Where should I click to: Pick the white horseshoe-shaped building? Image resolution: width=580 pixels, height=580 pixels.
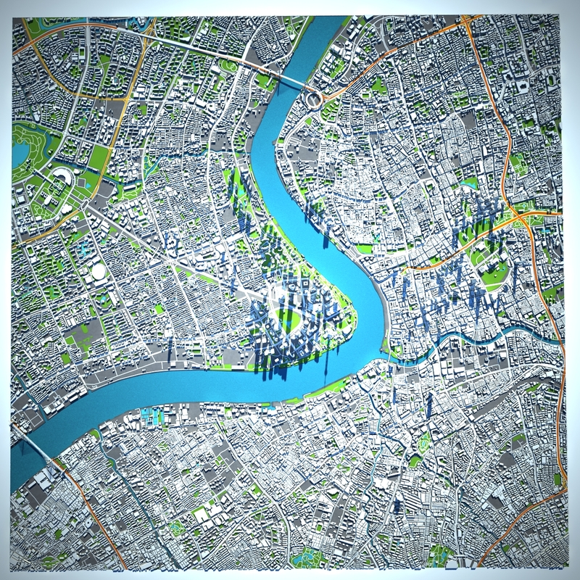pos(61,178)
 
